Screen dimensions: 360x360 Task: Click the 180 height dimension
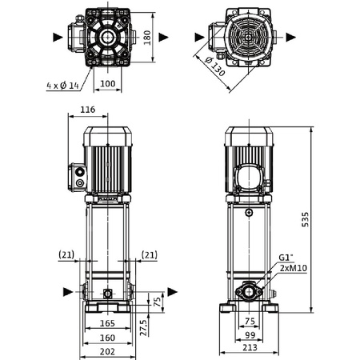(x=146, y=37)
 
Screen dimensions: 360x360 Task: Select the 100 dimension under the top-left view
(x=106, y=83)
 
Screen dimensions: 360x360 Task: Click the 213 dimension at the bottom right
(x=251, y=349)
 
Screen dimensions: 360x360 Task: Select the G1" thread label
(x=286, y=258)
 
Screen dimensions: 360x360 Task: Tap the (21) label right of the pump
(x=149, y=254)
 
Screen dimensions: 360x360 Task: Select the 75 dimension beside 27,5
(x=157, y=301)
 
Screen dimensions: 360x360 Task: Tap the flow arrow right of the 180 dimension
(x=163, y=37)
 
